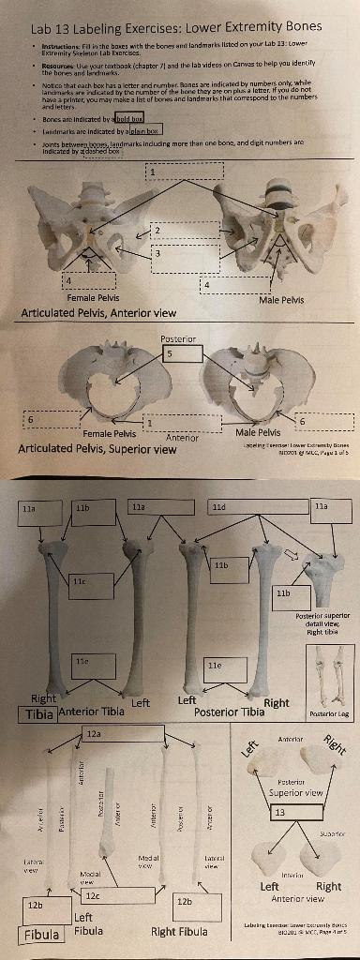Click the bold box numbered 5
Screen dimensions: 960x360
(x=182, y=354)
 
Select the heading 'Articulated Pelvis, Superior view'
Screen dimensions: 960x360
(x=97, y=448)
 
